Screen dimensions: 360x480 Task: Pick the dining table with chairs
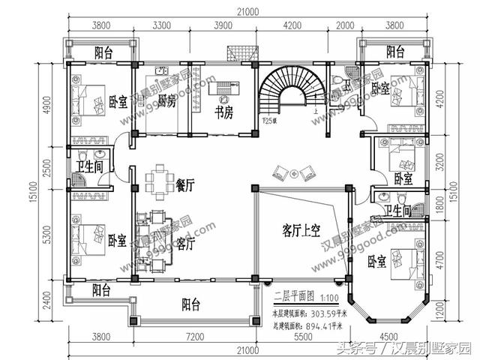(x=158, y=181)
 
